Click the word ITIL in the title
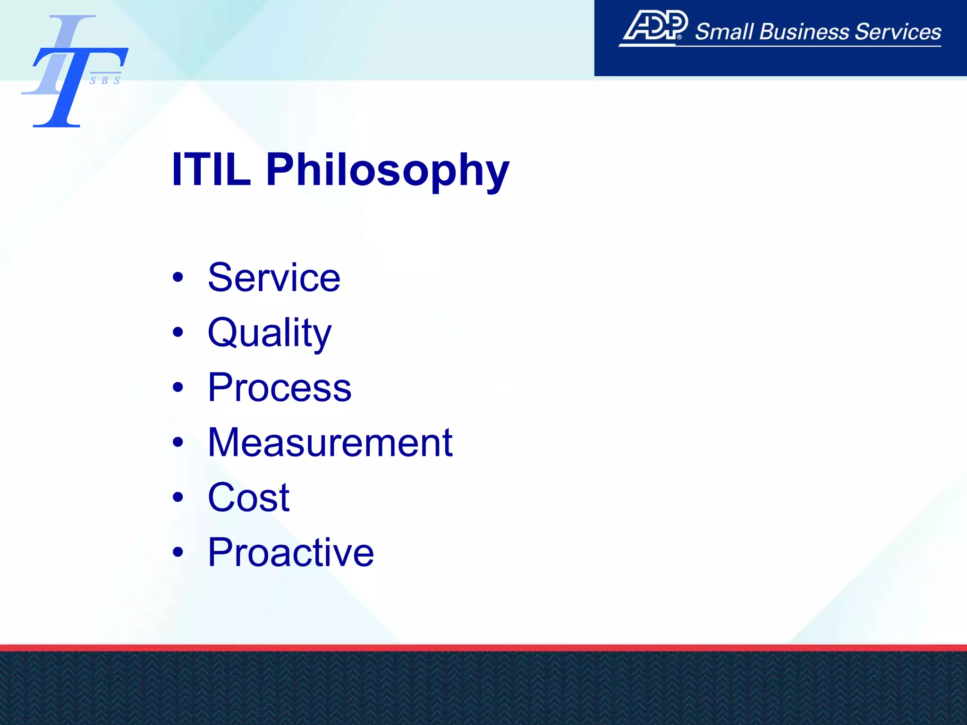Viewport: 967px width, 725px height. pyautogui.click(x=211, y=169)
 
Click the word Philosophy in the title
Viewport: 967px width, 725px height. pyautogui.click(x=388, y=171)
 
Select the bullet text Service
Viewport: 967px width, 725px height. pyautogui.click(x=274, y=278)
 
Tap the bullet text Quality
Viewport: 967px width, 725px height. pyautogui.click(x=270, y=333)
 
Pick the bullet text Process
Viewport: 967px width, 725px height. pyautogui.click(x=280, y=388)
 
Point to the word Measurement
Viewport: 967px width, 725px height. pyautogui.click(x=330, y=443)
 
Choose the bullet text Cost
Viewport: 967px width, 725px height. pyautogui.click(x=248, y=497)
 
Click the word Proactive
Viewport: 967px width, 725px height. pyautogui.click(x=291, y=552)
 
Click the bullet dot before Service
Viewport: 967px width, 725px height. pyautogui.click(x=178, y=277)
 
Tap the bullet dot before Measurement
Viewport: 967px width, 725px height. pyautogui.click(x=178, y=442)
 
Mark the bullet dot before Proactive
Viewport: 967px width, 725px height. pyautogui.click(x=178, y=552)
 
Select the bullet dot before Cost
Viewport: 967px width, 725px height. pyautogui.click(x=178, y=497)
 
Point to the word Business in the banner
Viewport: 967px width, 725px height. pyautogui.click(x=804, y=32)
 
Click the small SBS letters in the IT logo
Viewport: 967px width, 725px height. pyautogui.click(x=105, y=81)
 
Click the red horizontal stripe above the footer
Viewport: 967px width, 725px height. pyautogui.click(x=483, y=648)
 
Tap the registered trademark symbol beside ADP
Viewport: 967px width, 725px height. pyautogui.click(x=679, y=37)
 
